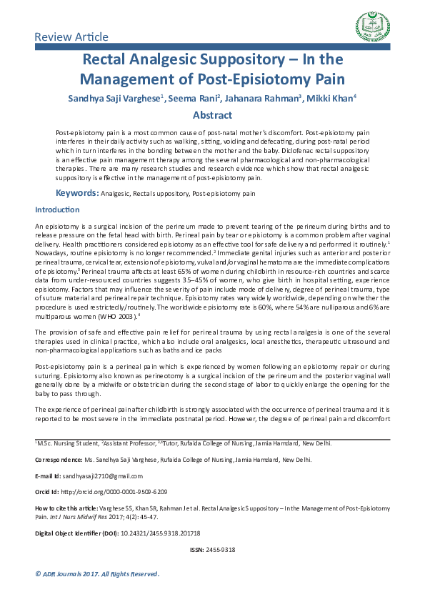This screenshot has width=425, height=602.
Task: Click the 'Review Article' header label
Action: click(x=72, y=36)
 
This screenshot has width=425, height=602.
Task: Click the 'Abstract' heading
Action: click(x=212, y=115)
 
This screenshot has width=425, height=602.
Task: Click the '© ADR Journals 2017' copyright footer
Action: click(x=97, y=574)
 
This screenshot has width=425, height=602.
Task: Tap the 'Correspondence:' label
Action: click(x=59, y=460)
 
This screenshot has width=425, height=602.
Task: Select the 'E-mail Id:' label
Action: click(x=49, y=475)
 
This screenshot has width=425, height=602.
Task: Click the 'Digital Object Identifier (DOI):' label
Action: click(x=78, y=533)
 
